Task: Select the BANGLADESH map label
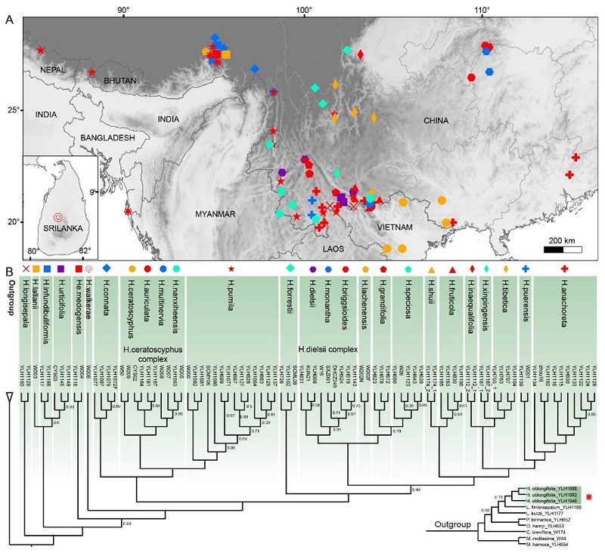[104, 137]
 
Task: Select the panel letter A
[9, 20]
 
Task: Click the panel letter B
[9, 270]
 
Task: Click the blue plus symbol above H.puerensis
[526, 269]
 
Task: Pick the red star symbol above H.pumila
[231, 269]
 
